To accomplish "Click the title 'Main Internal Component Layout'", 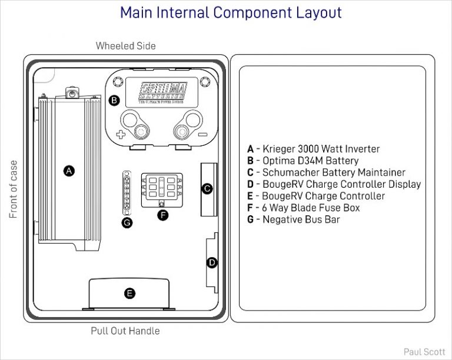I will point(231,12).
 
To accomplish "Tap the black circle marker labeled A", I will point(69,171).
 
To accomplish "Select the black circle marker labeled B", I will point(115,100).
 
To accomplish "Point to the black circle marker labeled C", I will point(207,189).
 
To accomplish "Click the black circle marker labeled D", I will point(212,262).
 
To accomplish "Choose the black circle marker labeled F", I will point(163,215).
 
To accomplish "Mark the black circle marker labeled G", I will point(127,222).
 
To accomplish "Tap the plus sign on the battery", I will point(121,135).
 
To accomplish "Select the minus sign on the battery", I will point(202,135).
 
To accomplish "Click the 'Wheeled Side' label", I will point(125,46).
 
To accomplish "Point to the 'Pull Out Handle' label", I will point(125,331).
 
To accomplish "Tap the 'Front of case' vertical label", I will point(14,189).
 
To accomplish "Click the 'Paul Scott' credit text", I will point(424,352).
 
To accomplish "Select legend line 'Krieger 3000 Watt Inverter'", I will point(313,149).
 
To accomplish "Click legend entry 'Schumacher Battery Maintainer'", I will point(326,172).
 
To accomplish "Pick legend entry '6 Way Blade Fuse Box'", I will point(303,208).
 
